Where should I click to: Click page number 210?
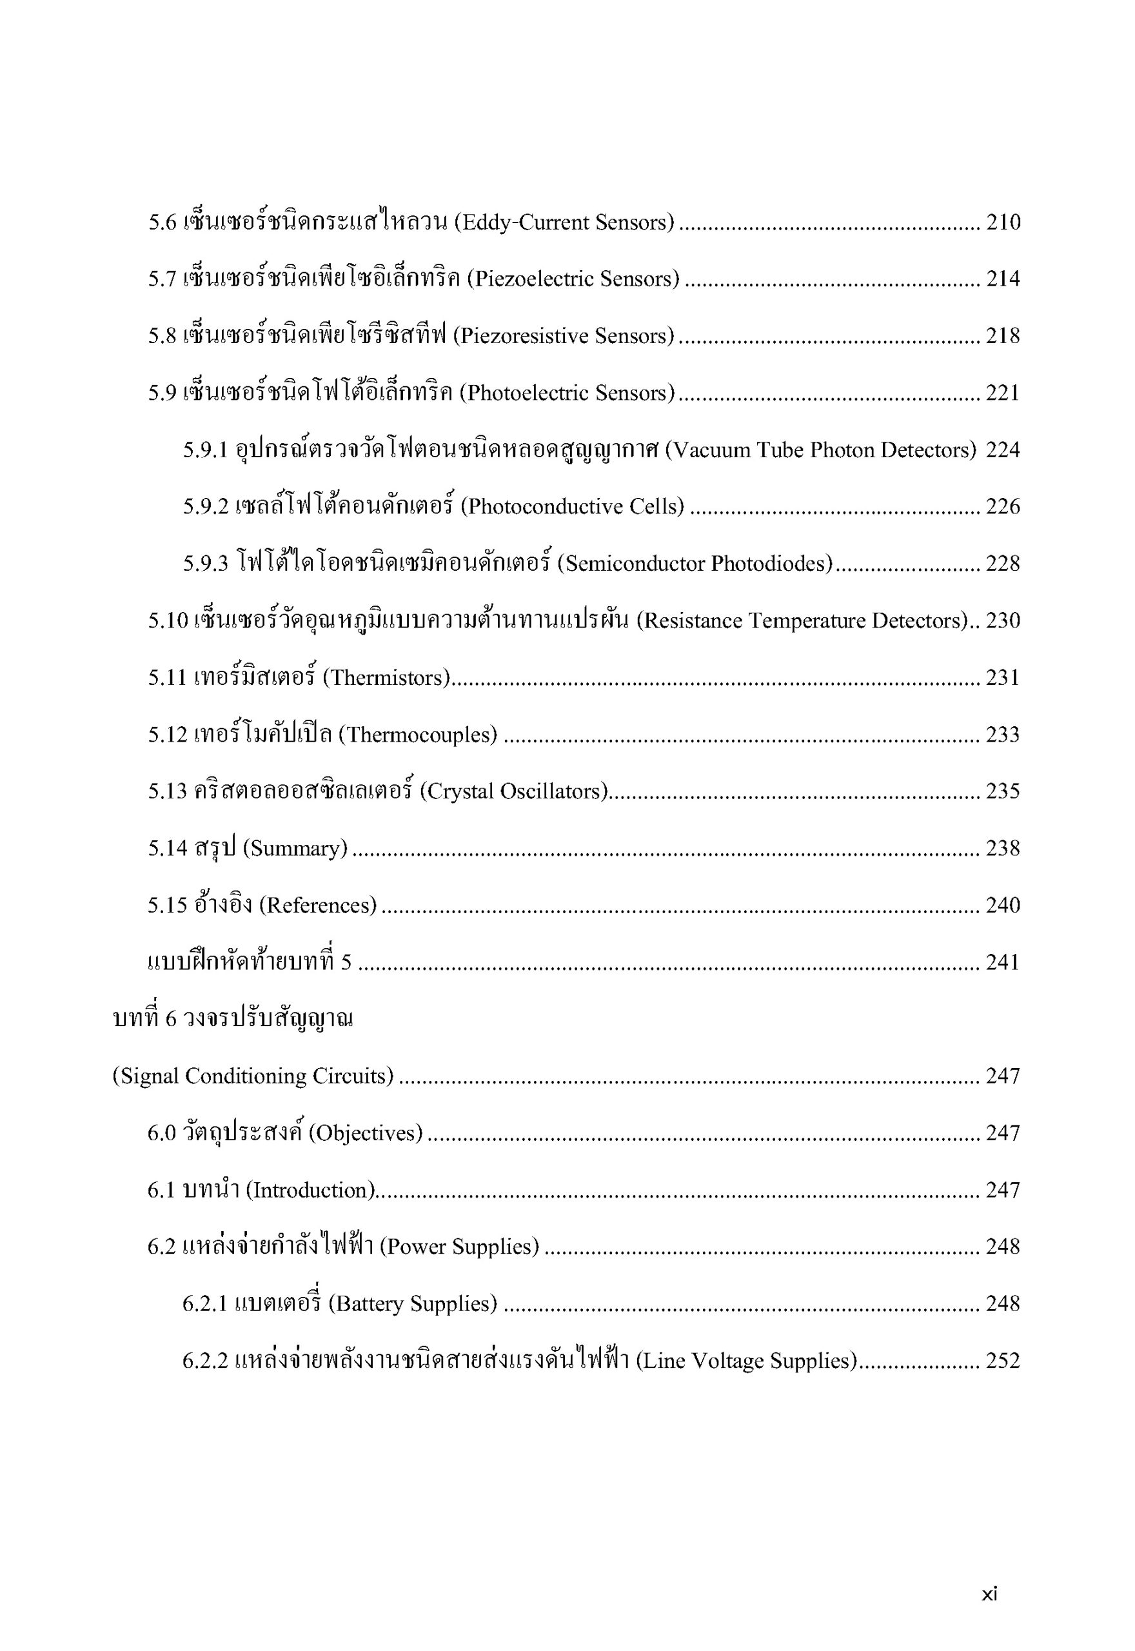pos(1003,222)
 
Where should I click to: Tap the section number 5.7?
pos(161,279)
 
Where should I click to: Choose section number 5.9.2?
pos(206,507)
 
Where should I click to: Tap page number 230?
pos(1003,620)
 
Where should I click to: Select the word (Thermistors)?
pos(387,678)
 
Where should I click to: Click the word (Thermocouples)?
pos(417,735)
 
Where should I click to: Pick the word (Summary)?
pos(295,848)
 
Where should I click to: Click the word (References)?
pos(317,905)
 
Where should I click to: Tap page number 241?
pos(1003,962)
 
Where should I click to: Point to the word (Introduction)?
pos(310,1189)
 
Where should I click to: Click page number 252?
pos(1003,1360)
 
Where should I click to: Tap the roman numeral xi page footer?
pos(989,1594)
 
